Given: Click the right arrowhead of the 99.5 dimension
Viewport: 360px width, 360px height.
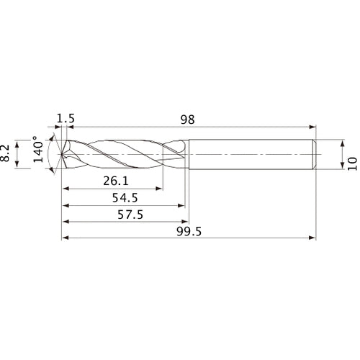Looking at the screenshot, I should [313, 237].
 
